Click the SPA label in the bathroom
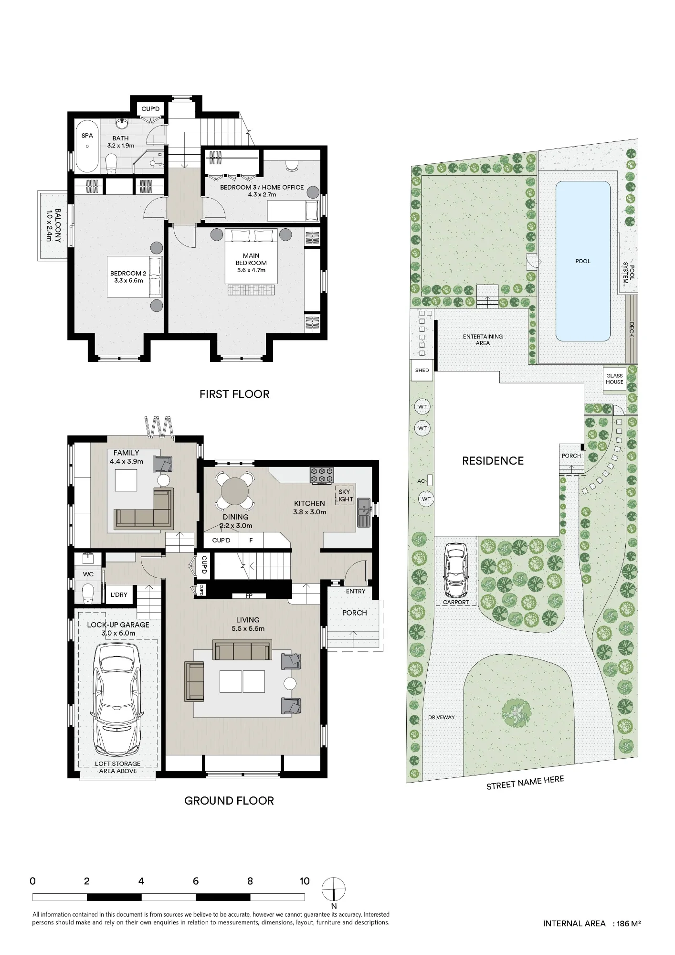(87, 136)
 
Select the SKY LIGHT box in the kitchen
(344, 495)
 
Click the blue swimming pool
(583, 261)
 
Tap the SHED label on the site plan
(422, 370)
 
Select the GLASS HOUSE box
(614, 379)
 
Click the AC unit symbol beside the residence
(430, 480)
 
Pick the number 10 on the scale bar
(304, 881)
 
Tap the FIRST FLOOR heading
(234, 394)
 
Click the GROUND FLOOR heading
(229, 801)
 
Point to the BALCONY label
(53, 225)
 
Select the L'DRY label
(119, 594)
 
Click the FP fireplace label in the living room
(249, 596)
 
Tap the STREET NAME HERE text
(525, 782)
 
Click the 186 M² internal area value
(629, 923)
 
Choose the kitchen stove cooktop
(322, 475)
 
